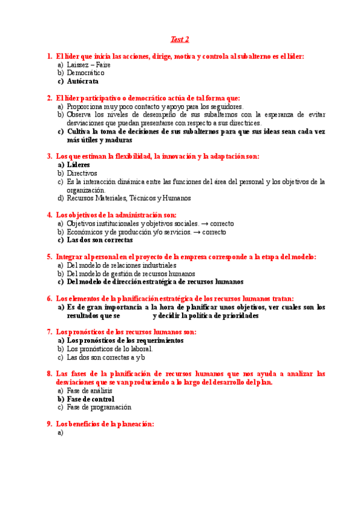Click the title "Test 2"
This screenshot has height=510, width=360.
pyautogui.click(x=180, y=40)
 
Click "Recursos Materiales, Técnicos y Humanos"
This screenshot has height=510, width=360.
pyautogui.click(x=129, y=198)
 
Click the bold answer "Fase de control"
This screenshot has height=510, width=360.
pyautogui.click(x=90, y=398)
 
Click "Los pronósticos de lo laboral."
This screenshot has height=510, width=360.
pyautogui.click(x=109, y=348)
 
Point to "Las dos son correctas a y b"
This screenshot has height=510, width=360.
pyautogui.click(x=106, y=357)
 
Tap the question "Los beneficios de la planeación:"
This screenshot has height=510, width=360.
pyautogui.click(x=105, y=423)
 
